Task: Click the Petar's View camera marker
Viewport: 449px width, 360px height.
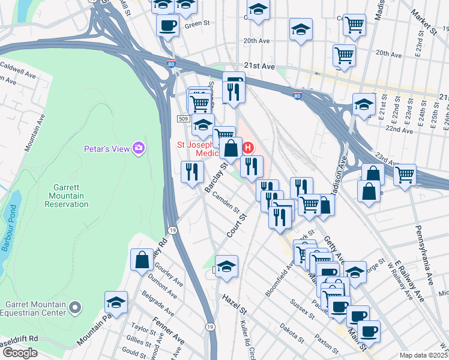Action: pos(139,148)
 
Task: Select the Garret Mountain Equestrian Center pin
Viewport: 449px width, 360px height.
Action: pos(74,308)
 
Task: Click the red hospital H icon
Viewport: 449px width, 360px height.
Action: pos(247,147)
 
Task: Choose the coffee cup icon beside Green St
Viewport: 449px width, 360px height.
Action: pos(167,25)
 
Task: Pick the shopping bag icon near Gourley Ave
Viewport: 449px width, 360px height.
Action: pos(142,260)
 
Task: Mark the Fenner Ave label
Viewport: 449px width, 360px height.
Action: pos(168,331)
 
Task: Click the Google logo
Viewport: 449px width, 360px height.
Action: pos(20,353)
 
